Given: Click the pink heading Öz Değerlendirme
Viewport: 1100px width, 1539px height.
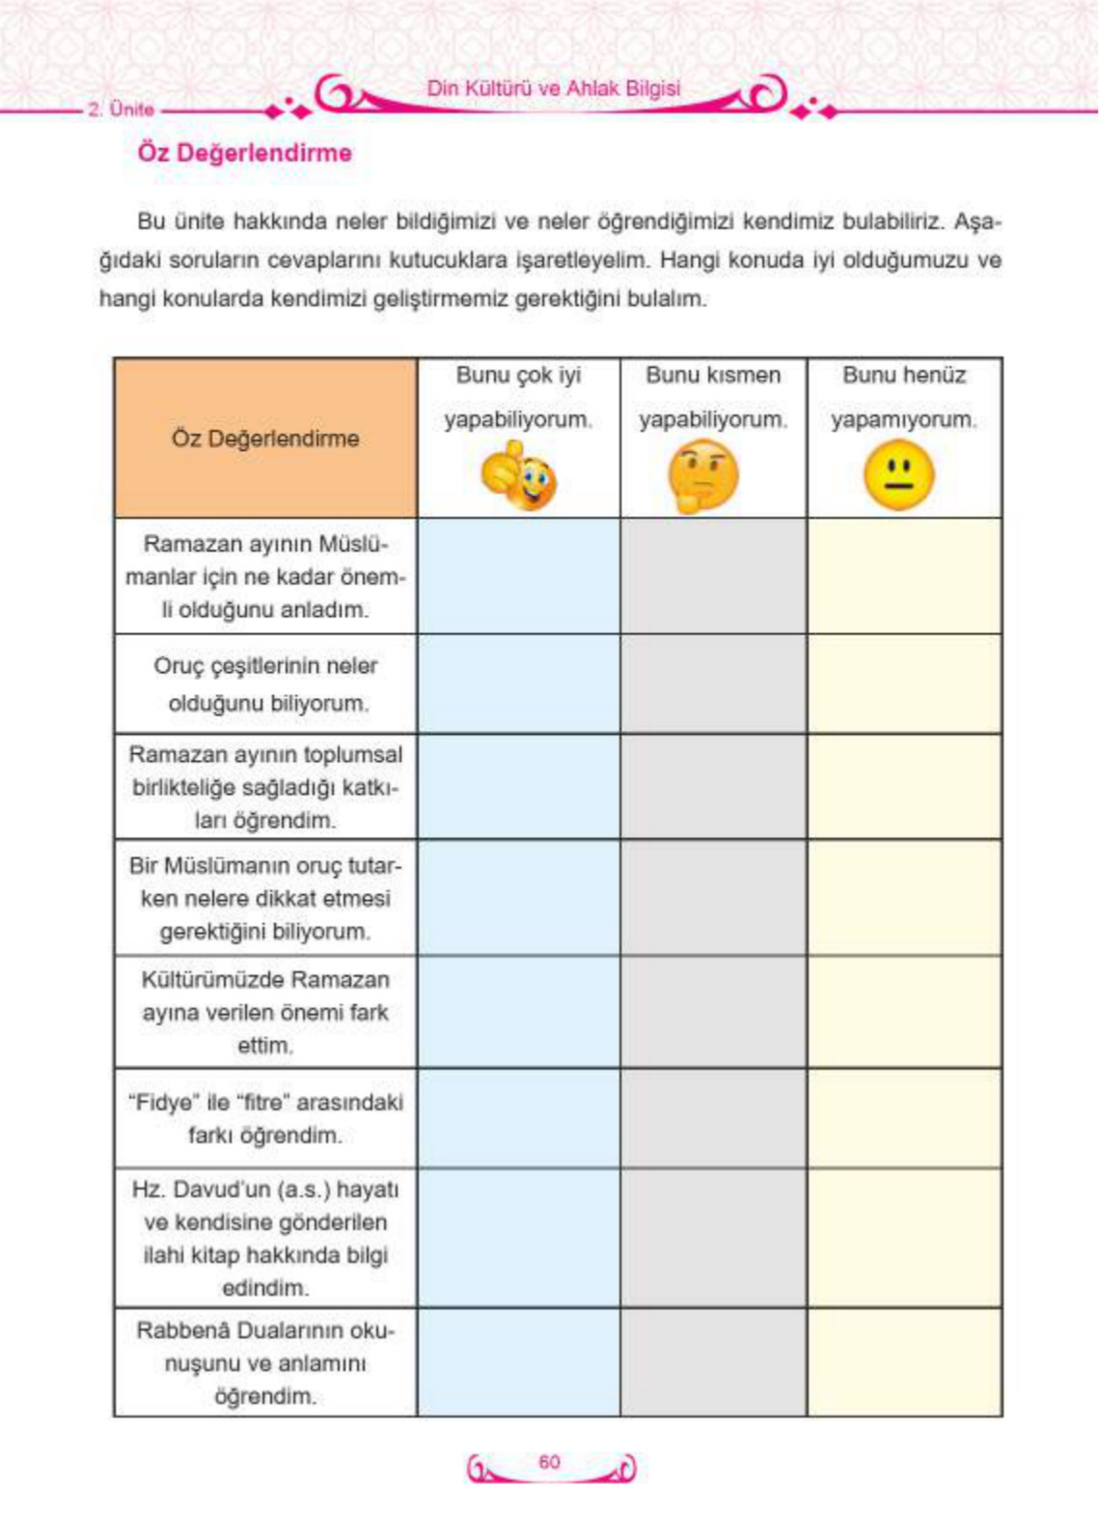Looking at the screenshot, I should pos(244,153).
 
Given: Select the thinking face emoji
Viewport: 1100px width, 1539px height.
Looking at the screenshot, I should pos(703,476).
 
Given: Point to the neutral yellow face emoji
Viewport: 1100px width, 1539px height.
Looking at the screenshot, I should pos(899,474).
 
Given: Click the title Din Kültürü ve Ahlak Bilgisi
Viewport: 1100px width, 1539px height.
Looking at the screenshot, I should pos(553,89).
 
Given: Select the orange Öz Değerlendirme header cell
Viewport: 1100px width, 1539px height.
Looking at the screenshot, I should pos(266,438).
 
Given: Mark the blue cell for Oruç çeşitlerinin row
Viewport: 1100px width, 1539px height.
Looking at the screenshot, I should pos(519,684).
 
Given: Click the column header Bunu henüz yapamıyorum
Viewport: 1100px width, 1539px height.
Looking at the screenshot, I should pos(904,397).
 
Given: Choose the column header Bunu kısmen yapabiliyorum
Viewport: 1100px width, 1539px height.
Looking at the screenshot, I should pos(713,397).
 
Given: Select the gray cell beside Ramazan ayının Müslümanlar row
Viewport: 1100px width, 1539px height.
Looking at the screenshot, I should pos(713,577).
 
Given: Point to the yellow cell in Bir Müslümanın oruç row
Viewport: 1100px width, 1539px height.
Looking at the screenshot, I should pos(904,898).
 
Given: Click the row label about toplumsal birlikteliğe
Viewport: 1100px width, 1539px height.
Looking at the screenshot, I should pos(266,787).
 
